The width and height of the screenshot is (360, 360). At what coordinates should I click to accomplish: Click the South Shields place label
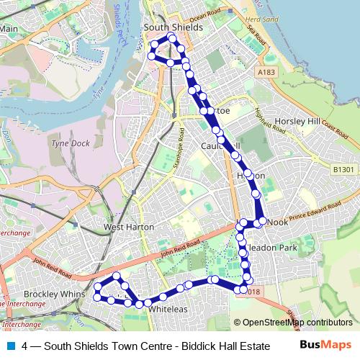[x=173, y=27]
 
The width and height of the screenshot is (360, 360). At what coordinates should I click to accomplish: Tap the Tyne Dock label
[x=70, y=143]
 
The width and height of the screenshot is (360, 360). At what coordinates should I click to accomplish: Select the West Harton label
[x=125, y=227]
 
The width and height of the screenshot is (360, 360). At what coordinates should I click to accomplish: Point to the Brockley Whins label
[x=44, y=294]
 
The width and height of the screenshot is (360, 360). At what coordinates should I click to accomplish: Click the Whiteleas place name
[x=168, y=309]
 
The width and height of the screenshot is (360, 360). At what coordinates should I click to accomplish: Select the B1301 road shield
[x=344, y=169]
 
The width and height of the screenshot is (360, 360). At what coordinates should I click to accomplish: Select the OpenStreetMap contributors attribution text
[x=297, y=322]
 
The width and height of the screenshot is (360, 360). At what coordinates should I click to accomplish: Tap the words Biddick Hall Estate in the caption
[x=215, y=346]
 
